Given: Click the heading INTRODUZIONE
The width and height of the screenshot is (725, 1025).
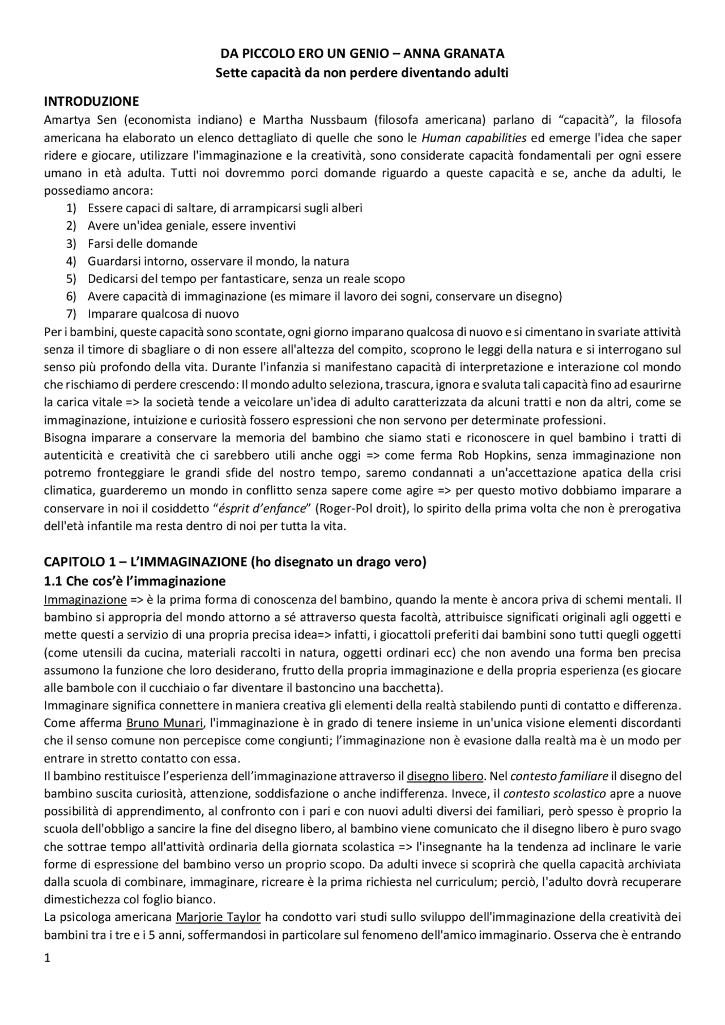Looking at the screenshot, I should [91, 102].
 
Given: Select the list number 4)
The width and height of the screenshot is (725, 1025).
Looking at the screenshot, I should [71, 261].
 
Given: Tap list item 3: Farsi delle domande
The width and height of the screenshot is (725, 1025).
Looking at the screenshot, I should [142, 244].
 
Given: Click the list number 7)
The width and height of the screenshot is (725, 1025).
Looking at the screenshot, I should [71, 314].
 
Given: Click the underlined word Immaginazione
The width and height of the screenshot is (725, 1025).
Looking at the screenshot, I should [85, 599].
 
